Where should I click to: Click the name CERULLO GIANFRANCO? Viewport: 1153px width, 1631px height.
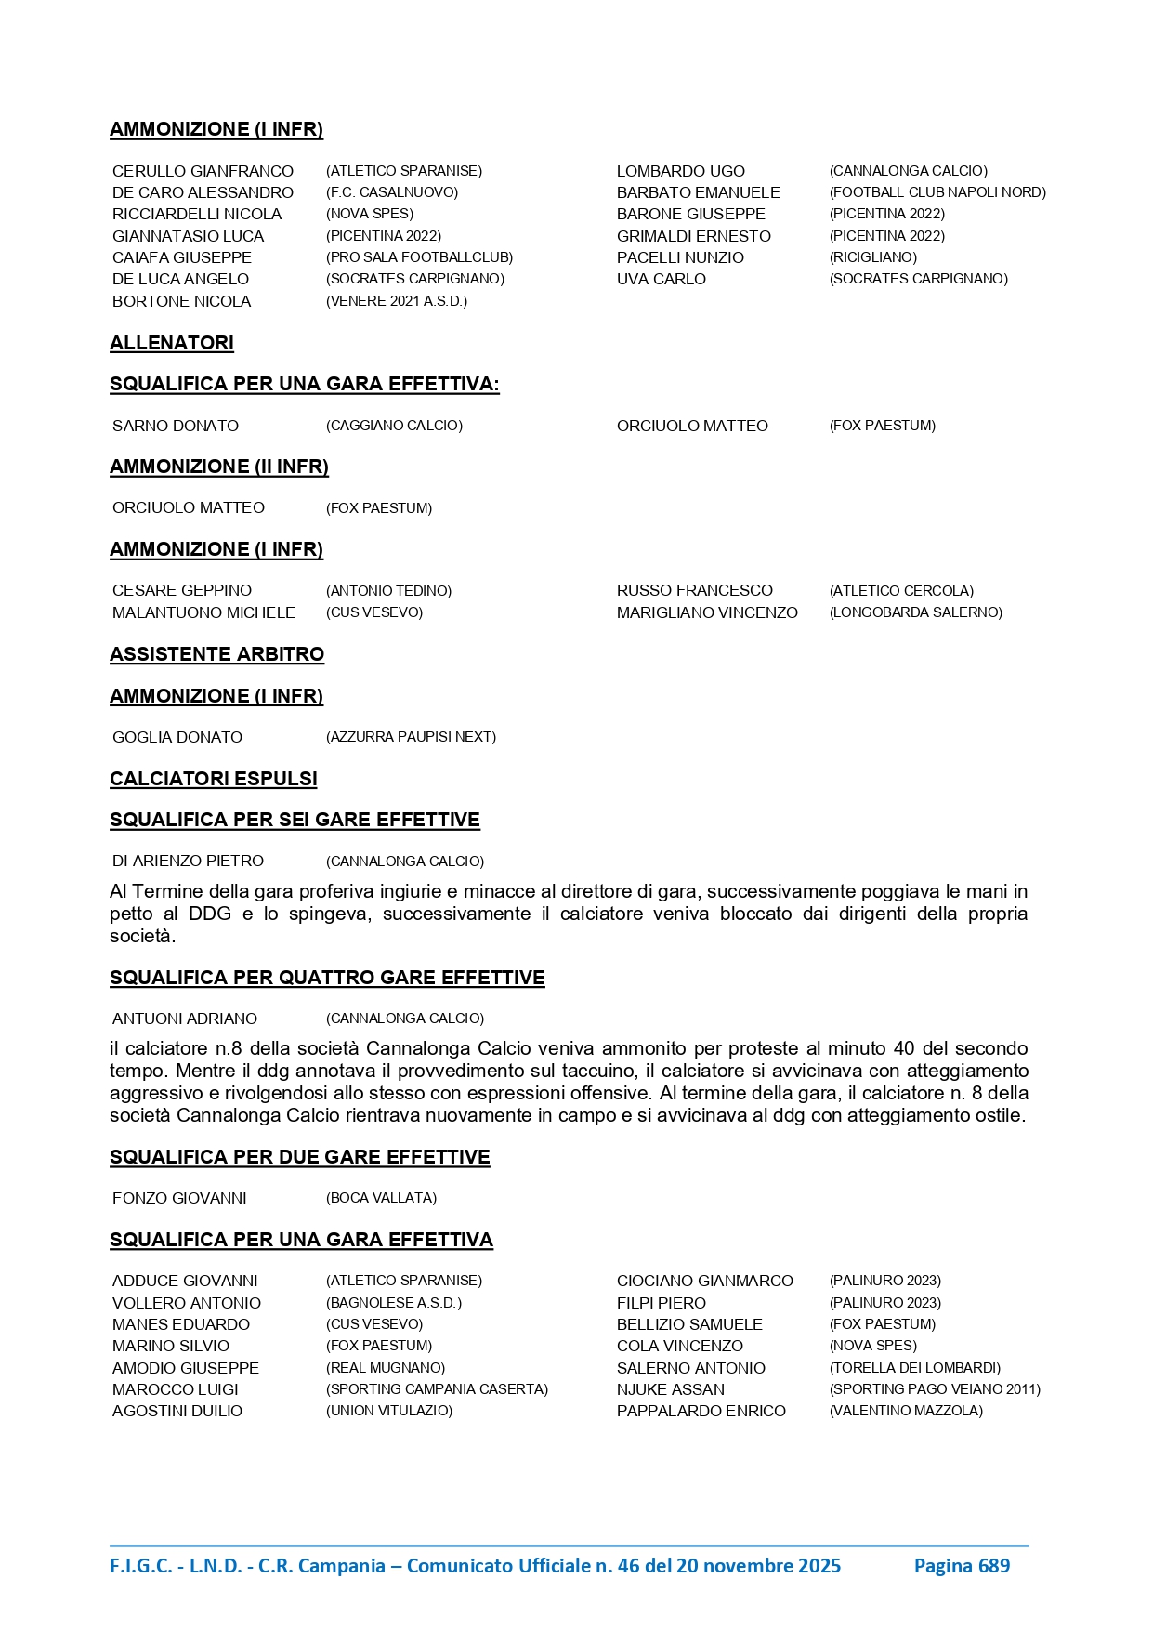(x=203, y=171)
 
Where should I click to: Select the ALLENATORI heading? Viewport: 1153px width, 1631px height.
(x=172, y=343)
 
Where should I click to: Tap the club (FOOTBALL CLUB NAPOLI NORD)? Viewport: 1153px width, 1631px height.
(x=937, y=192)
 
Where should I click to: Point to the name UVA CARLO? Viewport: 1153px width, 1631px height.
(x=661, y=279)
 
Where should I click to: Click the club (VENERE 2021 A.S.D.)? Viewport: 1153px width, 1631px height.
(x=397, y=301)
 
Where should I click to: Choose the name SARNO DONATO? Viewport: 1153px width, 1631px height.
(x=176, y=426)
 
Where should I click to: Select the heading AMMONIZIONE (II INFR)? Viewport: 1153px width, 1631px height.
(x=219, y=467)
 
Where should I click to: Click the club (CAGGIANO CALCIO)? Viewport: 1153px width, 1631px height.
(x=394, y=426)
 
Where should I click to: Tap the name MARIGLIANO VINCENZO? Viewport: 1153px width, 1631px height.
(x=707, y=612)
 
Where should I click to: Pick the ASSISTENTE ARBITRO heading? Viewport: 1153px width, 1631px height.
(x=216, y=654)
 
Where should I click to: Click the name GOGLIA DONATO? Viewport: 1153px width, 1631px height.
(x=177, y=737)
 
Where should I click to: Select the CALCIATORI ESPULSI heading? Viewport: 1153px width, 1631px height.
(x=214, y=779)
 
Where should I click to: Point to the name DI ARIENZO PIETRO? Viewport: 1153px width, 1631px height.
(x=188, y=862)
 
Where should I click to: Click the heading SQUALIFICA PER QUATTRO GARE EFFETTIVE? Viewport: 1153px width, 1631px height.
(x=327, y=978)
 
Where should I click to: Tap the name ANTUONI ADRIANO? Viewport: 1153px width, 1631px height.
(x=185, y=1019)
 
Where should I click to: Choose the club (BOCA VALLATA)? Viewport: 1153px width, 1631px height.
(x=381, y=1198)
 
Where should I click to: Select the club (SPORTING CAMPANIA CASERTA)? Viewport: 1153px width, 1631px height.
(x=437, y=1389)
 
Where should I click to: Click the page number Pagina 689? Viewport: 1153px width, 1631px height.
(x=962, y=1566)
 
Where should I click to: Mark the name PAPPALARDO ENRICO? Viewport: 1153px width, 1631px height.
(x=701, y=1411)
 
